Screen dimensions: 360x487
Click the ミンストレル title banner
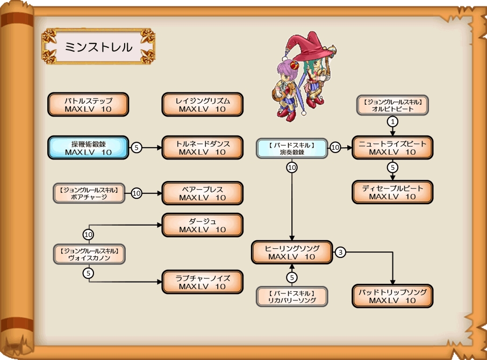point(98,47)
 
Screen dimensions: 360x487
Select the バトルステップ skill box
point(88,105)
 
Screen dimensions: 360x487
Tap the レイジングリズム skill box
point(203,105)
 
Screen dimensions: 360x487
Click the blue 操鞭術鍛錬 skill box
point(88,148)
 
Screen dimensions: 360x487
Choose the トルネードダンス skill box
point(203,148)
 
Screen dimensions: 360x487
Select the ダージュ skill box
point(203,225)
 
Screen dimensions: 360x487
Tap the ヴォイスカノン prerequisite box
point(89,254)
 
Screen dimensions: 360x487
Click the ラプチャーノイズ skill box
point(203,282)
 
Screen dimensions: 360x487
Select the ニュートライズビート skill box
point(392,148)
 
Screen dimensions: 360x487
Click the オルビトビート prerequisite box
point(393,105)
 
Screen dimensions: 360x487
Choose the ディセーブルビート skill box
point(392,192)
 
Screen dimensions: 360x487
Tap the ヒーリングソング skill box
point(292,253)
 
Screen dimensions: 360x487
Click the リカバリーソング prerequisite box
point(292,297)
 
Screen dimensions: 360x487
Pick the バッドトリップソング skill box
point(392,296)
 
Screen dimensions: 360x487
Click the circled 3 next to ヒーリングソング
point(341,252)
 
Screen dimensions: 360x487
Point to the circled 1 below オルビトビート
point(393,122)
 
